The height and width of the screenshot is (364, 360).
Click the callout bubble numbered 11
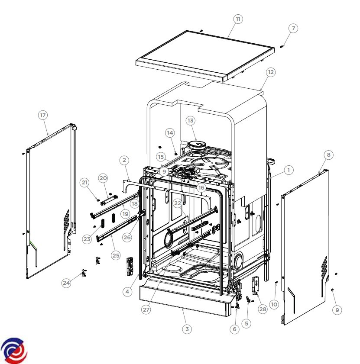[x=238, y=19]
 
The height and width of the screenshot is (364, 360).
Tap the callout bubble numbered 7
[x=293, y=28]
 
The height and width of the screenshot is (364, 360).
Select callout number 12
[x=271, y=72]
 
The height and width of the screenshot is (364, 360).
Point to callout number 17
[x=43, y=115]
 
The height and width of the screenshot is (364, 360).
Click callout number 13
[x=190, y=120]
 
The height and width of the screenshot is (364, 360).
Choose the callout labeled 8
[x=328, y=155]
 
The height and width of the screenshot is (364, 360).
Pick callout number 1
[x=289, y=170]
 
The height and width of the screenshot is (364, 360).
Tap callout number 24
[x=66, y=283]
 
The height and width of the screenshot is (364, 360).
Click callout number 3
[x=187, y=329]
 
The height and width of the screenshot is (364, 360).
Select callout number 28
[x=263, y=309]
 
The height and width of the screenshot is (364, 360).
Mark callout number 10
[x=274, y=304]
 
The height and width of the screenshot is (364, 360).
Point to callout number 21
[x=84, y=183]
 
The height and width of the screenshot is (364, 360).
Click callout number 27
[x=146, y=309]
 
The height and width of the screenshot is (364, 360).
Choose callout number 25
[x=116, y=255]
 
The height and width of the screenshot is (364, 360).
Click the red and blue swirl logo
[x=14, y=350]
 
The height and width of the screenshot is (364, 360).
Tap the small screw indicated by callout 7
[x=282, y=47]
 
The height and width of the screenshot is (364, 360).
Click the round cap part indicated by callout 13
[x=197, y=145]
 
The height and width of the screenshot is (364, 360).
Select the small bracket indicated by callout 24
[x=84, y=273]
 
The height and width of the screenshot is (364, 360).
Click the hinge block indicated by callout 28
[x=256, y=286]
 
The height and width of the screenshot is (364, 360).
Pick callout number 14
[x=170, y=132]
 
